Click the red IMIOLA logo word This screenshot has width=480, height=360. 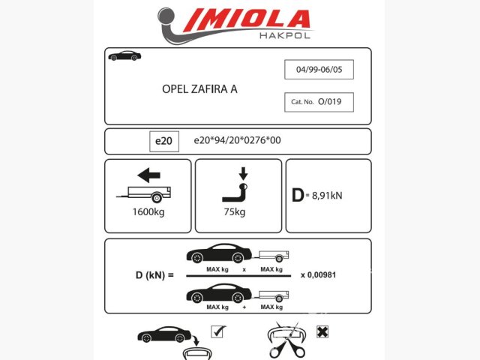247,19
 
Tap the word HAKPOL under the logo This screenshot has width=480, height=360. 285,35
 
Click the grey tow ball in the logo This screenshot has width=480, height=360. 166,16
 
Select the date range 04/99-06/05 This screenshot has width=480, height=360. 319,70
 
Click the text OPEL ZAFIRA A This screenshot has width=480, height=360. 199,89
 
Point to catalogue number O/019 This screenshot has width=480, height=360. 330,102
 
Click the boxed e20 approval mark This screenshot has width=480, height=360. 164,141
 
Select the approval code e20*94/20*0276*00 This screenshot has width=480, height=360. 237,140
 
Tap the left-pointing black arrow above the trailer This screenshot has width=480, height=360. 148,175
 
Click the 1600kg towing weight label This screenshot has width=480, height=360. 148,211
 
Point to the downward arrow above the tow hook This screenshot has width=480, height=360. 243,173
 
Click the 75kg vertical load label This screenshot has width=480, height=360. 235,211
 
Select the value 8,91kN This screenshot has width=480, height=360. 327,196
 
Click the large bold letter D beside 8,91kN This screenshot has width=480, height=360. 298,195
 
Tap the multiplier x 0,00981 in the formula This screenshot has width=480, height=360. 318,275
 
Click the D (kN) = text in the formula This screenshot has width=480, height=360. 154,275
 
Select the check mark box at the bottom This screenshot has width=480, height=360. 218,331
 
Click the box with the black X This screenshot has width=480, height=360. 322,331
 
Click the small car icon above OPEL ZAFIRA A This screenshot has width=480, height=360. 124,55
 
